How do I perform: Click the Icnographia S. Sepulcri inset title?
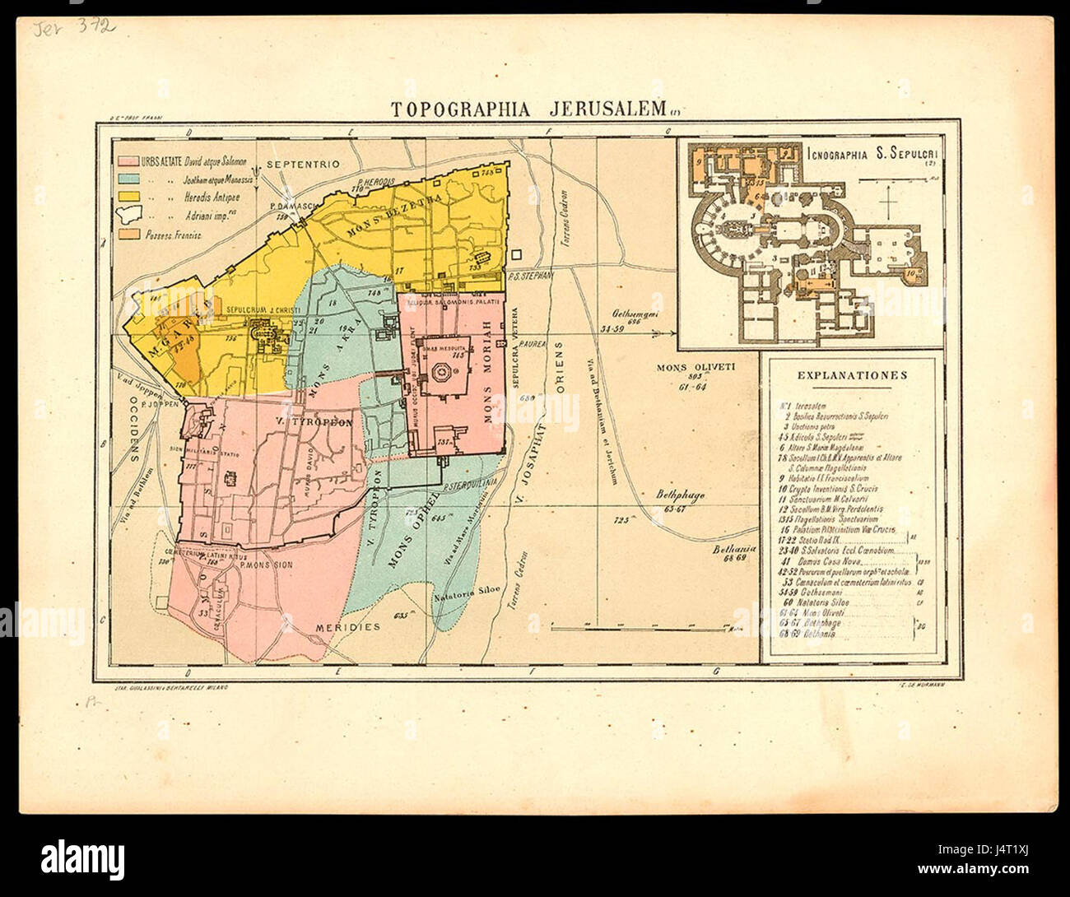click(877, 153)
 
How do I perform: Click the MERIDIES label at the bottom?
click(347, 627)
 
